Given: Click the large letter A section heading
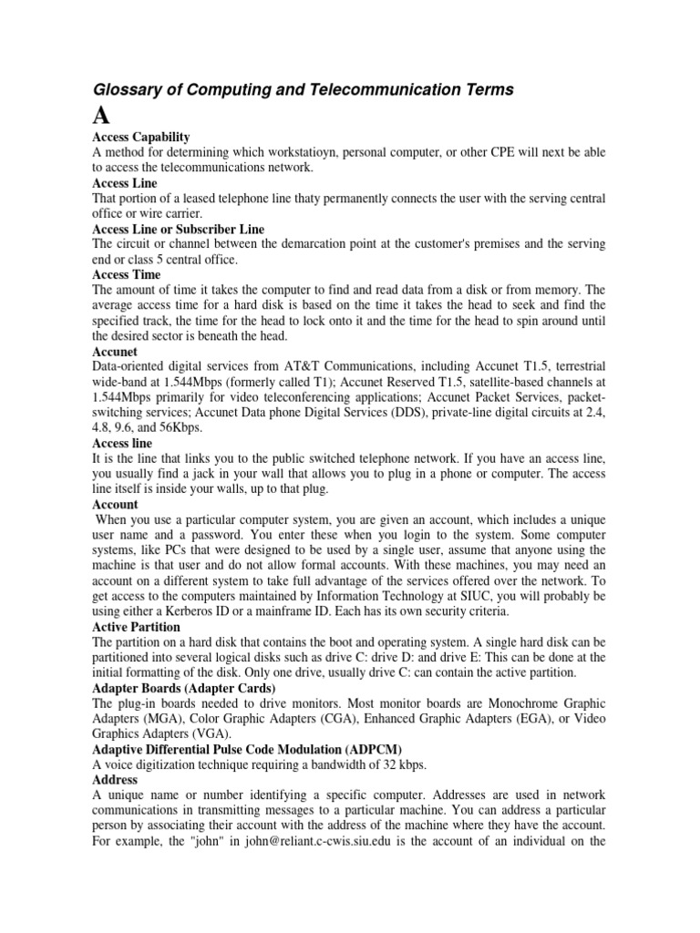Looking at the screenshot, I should [x=103, y=117].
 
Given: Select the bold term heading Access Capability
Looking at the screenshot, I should [x=141, y=137].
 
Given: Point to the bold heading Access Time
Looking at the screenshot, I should [x=127, y=274].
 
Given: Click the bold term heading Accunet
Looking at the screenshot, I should [x=115, y=351].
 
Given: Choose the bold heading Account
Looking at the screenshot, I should [x=116, y=504].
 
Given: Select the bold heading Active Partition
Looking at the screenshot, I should [x=137, y=627].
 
